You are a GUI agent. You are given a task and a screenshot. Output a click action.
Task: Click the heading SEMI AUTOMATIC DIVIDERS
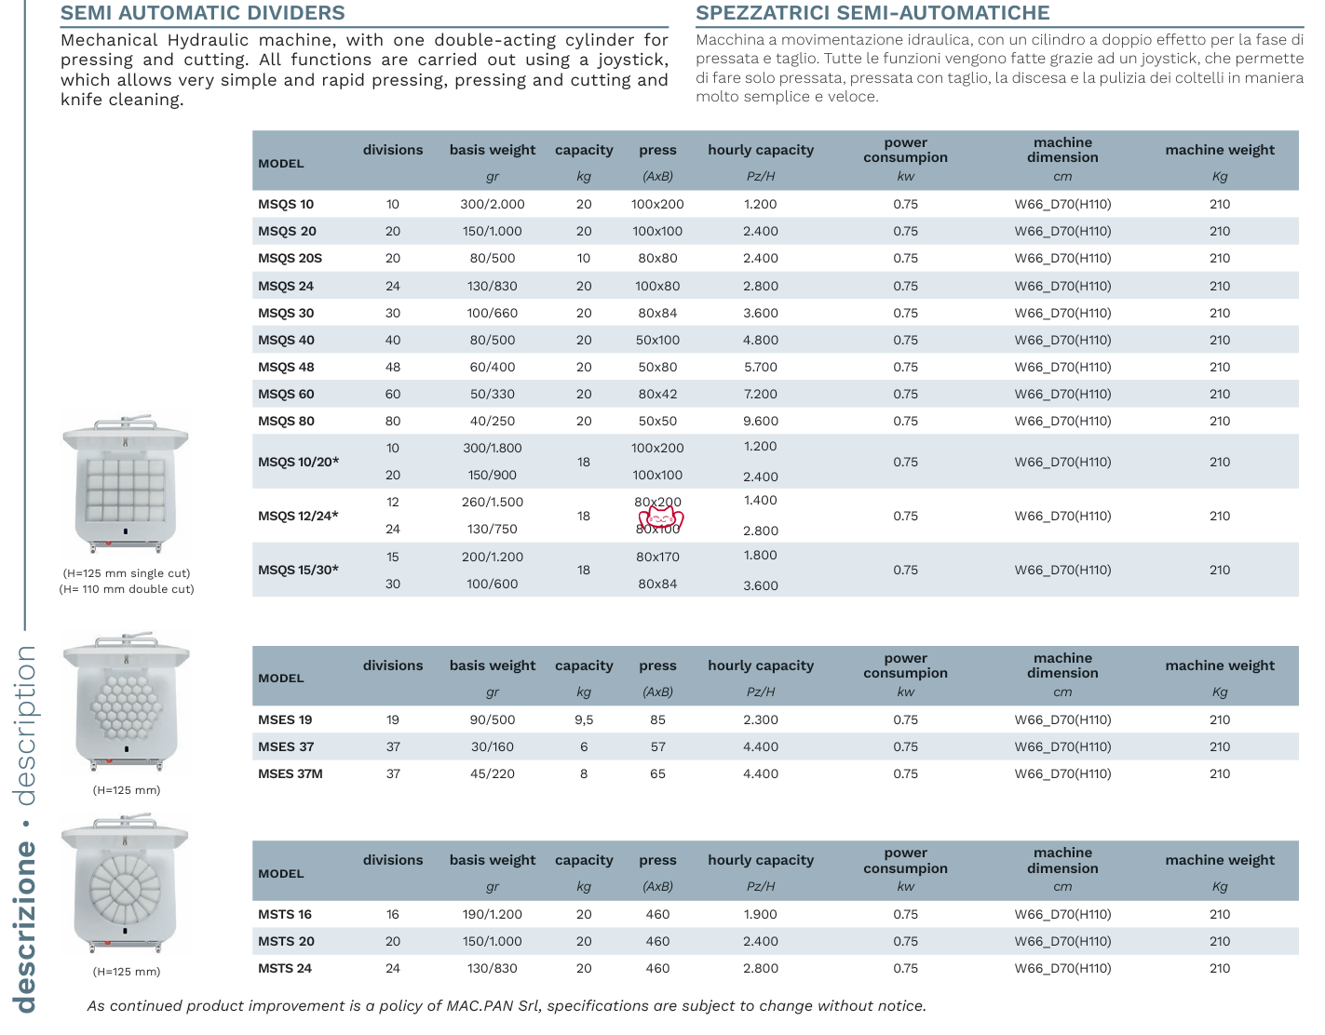click(202, 13)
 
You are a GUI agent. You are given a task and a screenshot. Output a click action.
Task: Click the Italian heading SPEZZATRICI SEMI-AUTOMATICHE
click(872, 13)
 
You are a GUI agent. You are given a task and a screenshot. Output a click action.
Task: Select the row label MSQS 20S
click(290, 259)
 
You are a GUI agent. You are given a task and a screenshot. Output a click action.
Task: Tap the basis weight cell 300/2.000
click(492, 205)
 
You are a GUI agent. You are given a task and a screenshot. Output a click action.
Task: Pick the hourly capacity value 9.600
click(760, 422)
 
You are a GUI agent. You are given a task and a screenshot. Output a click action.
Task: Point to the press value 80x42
click(657, 395)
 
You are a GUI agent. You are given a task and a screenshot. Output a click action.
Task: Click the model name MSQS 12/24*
click(298, 517)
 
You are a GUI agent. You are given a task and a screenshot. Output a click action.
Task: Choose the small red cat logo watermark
click(661, 518)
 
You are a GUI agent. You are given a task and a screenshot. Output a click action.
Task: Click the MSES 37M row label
click(290, 774)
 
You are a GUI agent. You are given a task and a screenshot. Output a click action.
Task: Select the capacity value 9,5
click(584, 720)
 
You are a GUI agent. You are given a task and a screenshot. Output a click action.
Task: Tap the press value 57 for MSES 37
click(657, 747)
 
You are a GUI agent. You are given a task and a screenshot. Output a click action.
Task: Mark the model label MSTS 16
click(284, 915)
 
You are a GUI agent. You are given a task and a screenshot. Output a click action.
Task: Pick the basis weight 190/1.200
click(492, 915)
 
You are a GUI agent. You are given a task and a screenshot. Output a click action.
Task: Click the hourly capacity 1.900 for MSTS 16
click(760, 915)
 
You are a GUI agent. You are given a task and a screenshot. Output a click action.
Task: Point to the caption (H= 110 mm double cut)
click(127, 589)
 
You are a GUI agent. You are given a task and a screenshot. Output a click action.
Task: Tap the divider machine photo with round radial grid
click(125, 884)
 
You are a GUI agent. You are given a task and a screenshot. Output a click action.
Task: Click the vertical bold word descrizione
click(25, 927)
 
